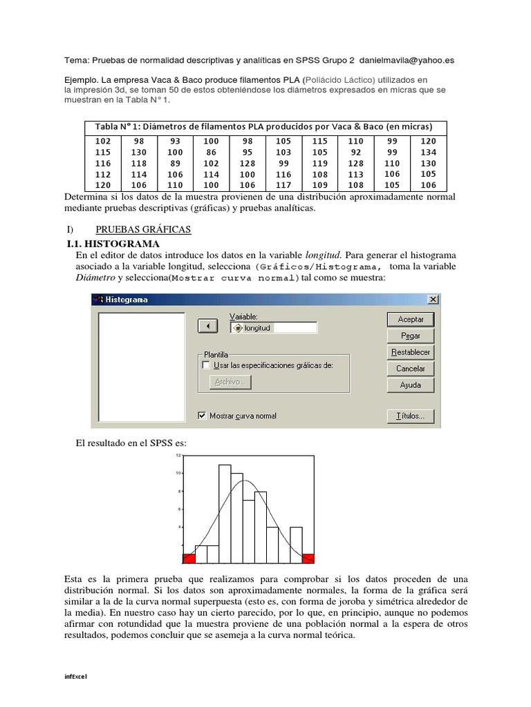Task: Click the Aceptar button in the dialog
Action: (x=411, y=319)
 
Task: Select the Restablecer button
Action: (x=411, y=352)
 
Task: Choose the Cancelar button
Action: (x=411, y=369)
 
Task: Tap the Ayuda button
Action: (x=411, y=385)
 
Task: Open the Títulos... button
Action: (x=411, y=416)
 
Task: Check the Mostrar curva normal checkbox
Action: (x=203, y=416)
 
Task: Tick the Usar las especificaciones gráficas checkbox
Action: (x=205, y=365)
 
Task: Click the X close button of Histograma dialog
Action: (x=433, y=300)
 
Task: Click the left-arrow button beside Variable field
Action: (x=207, y=326)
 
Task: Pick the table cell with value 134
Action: (x=428, y=152)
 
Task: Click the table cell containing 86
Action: (x=212, y=152)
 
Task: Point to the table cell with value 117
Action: (x=283, y=185)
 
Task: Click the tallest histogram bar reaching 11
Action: (x=225, y=514)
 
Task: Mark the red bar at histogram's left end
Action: (x=189, y=558)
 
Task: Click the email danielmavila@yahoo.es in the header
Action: (x=409, y=60)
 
